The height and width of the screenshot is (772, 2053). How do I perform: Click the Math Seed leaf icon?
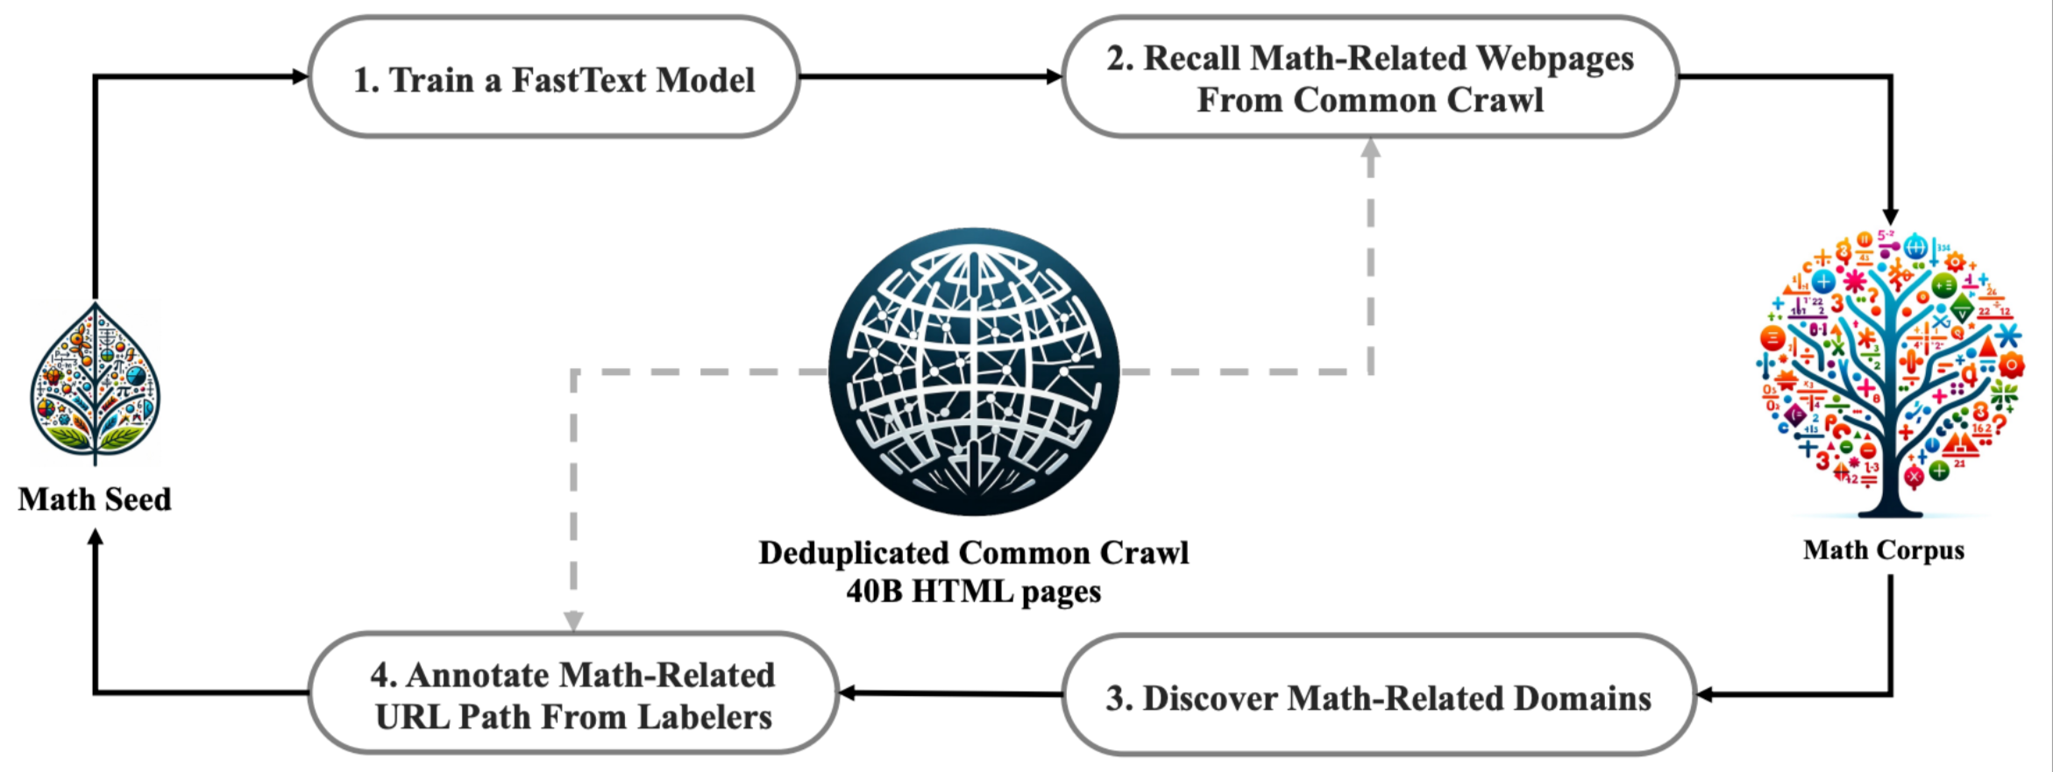pyautogui.click(x=96, y=383)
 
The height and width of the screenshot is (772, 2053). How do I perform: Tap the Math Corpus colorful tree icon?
pyautogui.click(x=1889, y=373)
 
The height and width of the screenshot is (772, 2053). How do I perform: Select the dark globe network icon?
pyautogui.click(x=973, y=372)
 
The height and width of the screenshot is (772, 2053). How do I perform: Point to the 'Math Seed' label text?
pyautogui.click(x=95, y=499)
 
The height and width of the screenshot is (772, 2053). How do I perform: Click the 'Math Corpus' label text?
pyautogui.click(x=1884, y=549)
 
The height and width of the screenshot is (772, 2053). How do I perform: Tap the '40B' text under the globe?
pyautogui.click(x=874, y=591)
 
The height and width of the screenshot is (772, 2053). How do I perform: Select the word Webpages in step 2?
pyautogui.click(x=1555, y=59)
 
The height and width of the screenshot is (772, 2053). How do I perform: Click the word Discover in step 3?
pyautogui.click(x=1207, y=698)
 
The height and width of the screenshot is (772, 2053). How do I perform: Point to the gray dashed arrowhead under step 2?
pyautogui.click(x=1371, y=148)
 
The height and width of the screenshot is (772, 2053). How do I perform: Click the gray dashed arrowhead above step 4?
pyautogui.click(x=573, y=621)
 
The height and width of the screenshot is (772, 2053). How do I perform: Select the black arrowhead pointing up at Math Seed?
pyautogui.click(x=96, y=537)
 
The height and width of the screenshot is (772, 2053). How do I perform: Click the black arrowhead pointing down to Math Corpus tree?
pyautogui.click(x=1890, y=216)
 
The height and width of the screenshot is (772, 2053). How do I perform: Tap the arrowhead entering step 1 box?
pyautogui.click(x=300, y=76)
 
